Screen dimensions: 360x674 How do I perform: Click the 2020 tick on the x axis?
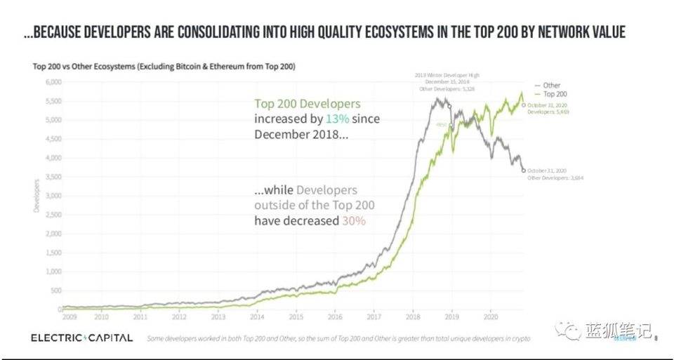point(492,316)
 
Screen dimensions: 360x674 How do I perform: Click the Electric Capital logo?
point(81,338)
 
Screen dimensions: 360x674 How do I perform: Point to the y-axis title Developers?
point(36,196)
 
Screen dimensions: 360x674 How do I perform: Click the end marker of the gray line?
point(522,170)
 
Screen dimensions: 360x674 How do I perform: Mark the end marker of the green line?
point(523,105)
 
